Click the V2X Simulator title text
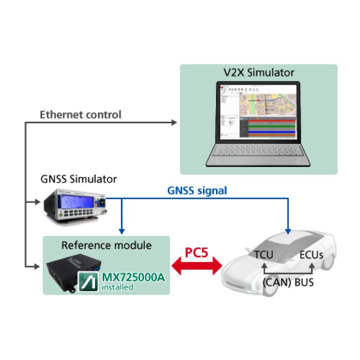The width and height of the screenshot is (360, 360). point(259,72)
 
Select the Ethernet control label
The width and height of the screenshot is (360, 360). point(81,115)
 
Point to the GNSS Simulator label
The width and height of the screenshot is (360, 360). point(78,179)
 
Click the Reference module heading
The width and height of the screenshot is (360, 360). point(106,245)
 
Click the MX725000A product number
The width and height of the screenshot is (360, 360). point(134,277)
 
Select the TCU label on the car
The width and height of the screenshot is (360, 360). point(263,254)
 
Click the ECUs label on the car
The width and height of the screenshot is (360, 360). point(312,254)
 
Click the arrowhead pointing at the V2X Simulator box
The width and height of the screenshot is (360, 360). point(175,123)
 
